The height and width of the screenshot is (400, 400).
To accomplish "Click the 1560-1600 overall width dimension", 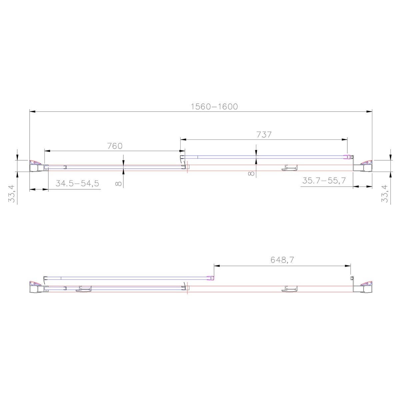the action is click(x=214, y=106).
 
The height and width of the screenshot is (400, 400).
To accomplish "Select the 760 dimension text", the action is click(x=115, y=146).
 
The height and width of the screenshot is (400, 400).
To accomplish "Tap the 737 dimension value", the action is click(x=264, y=135).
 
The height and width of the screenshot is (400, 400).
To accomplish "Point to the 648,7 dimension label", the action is click(x=282, y=260).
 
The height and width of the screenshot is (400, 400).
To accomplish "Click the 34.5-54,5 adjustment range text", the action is click(x=77, y=183).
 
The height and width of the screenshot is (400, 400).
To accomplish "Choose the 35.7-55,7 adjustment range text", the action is click(x=324, y=181).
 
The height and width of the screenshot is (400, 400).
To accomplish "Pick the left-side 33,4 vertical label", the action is click(x=12, y=194).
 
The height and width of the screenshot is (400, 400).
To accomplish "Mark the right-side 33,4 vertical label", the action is click(x=384, y=194).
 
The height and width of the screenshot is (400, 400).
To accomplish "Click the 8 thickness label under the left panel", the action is click(x=118, y=183).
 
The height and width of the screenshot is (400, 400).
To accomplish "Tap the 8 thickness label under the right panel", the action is click(x=251, y=173).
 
